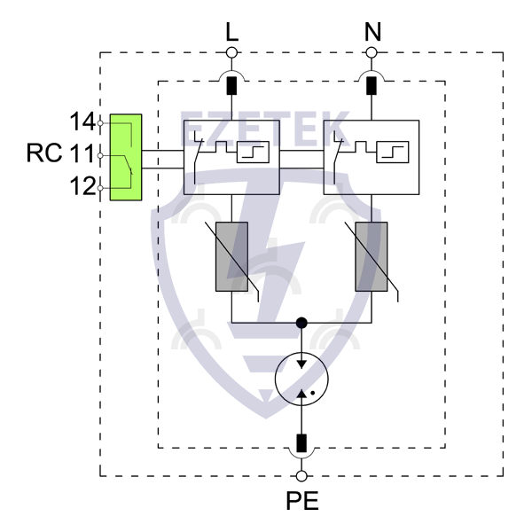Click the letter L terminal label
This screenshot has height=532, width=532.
pos(232,32)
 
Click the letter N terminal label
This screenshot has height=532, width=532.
pos(372,32)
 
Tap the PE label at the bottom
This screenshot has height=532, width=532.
pos(302,501)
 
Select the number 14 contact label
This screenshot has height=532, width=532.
pos(82,121)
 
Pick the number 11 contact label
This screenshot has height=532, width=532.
pos(82,153)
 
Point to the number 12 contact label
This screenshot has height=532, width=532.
pos(82,186)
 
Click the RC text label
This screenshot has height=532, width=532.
pos(44,153)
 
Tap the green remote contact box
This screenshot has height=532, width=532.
pos(126,157)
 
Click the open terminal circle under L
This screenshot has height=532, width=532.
pos(231,53)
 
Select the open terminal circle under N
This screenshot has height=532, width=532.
pos(372,53)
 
